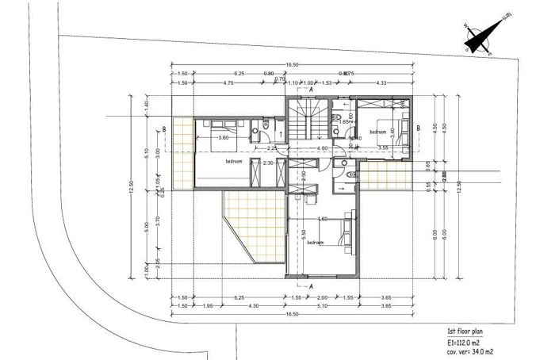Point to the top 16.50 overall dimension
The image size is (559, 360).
290,64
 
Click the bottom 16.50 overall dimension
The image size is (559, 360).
290,315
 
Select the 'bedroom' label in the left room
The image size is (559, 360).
234,161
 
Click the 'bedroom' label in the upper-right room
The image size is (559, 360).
377,132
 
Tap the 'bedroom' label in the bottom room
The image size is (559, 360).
315,243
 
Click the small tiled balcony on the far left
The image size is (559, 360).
183,155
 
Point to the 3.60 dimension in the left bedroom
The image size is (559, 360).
224,138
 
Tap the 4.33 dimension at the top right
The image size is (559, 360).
381,82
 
